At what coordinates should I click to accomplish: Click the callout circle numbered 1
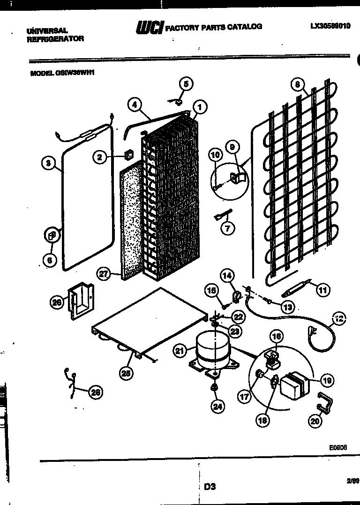[200, 107]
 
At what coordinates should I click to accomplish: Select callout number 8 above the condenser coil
[297, 85]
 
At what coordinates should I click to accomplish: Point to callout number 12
[186, 84]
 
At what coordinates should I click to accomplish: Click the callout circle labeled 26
[57, 303]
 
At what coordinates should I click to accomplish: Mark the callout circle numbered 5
[186, 84]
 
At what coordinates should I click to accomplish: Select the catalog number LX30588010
[330, 27]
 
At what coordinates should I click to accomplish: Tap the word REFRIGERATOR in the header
[55, 39]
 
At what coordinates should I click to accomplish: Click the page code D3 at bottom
[210, 487]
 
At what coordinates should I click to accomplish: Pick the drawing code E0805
[337, 447]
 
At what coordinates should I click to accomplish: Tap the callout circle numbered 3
[47, 163]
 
